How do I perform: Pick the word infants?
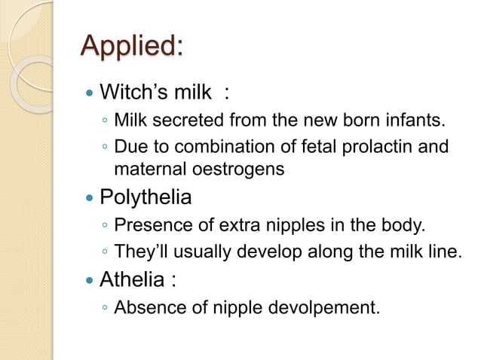[x=413, y=119]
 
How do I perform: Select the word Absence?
[x=146, y=307]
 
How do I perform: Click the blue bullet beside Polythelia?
[x=90, y=199]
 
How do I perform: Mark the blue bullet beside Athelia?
[x=90, y=282]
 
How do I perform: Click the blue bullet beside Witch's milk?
[x=90, y=94]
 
